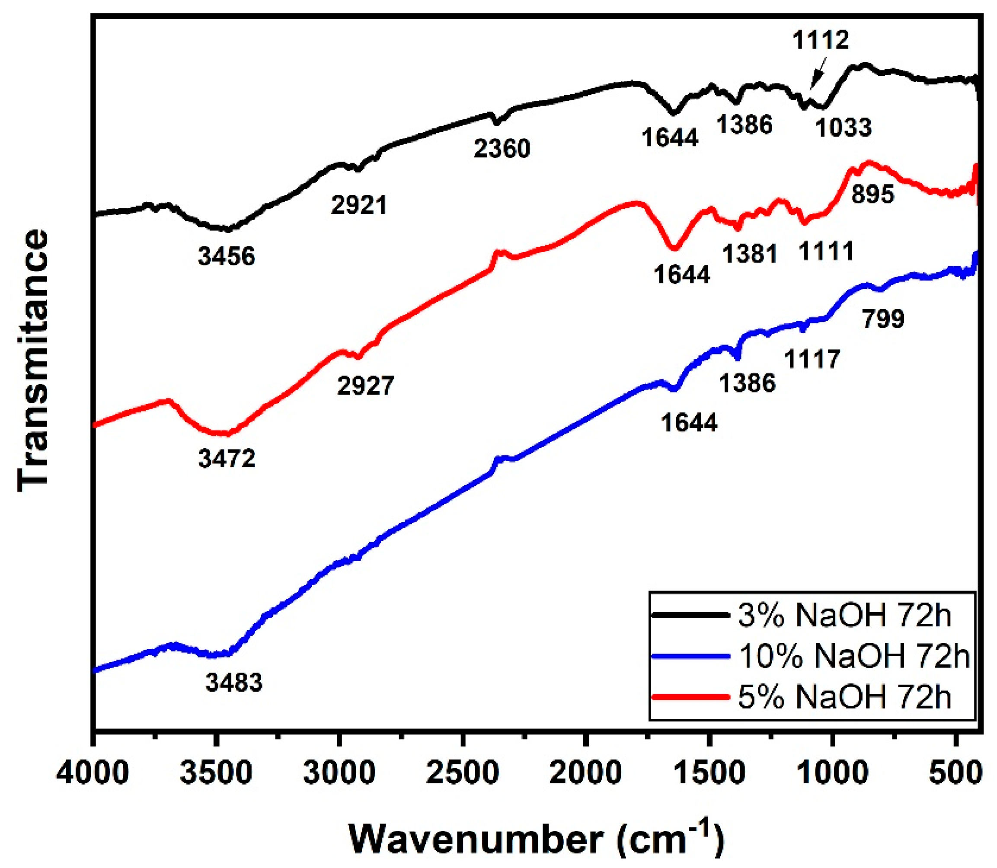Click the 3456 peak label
(226, 256)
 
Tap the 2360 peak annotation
(502, 149)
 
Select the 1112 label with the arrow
(821, 40)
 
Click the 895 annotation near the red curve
(873, 195)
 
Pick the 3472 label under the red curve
(227, 458)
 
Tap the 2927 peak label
(366, 386)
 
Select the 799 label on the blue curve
(883, 319)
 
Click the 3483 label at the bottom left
(234, 683)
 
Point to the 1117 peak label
(812, 359)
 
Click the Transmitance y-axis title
(33, 361)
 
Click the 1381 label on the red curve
(751, 253)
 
